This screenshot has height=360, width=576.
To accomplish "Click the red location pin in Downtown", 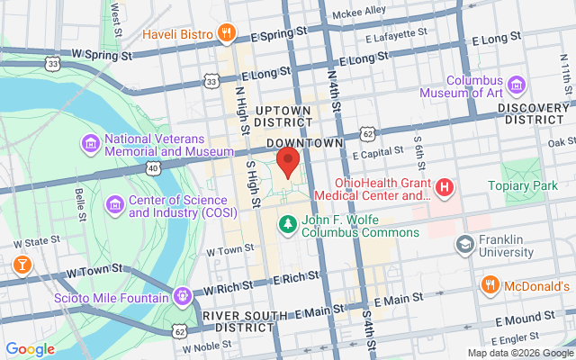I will (x=287, y=163).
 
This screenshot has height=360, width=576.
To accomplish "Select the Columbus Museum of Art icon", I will (x=517, y=85).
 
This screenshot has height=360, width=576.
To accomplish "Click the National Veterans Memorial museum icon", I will (x=90, y=143).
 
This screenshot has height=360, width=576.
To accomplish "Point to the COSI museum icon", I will (x=114, y=206).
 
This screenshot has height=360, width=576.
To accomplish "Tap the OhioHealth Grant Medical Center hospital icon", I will (x=444, y=188).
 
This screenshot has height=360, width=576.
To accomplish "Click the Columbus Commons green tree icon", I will (x=287, y=223).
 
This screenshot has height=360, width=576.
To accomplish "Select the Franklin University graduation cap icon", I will (x=465, y=245).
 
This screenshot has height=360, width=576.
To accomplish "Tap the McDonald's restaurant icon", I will (x=490, y=286).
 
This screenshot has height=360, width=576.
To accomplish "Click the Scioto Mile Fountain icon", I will (x=183, y=294).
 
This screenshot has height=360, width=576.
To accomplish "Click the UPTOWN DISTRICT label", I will (x=283, y=116).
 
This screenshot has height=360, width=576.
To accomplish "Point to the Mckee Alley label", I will (x=358, y=11).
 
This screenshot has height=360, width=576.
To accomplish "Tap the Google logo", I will (x=30, y=349).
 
